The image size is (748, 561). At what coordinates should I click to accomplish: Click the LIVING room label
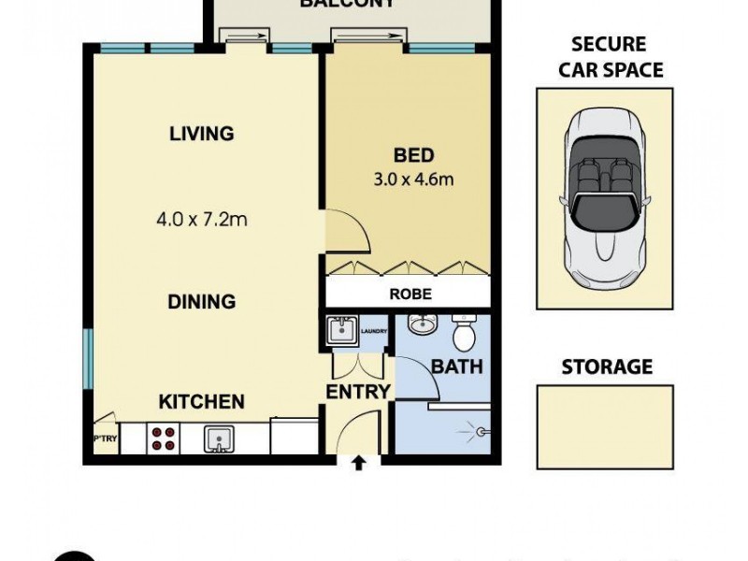pos(201,134)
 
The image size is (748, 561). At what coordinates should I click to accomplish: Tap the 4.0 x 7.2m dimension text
pos(201,221)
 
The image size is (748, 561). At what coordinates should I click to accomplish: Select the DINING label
pos(201,302)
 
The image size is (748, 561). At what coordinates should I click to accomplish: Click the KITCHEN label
pos(201,402)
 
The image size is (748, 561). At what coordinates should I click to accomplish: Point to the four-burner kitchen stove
pos(165,439)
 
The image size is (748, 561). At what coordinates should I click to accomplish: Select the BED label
pos(413,155)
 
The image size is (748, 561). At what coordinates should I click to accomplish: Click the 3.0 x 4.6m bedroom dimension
pos(413,180)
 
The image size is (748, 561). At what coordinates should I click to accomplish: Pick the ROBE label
pos(410,294)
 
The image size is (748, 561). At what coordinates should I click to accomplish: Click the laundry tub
pos(338,331)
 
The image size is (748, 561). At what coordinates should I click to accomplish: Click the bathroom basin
pos(423,325)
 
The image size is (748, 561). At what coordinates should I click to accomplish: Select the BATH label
pos(457,367)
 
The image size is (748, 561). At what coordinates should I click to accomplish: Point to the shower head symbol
pos(482,432)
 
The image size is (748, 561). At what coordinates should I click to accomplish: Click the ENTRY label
pos(357,392)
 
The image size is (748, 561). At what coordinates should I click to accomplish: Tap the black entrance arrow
pos(358,461)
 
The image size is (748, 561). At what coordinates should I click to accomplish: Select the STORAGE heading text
pos(606,367)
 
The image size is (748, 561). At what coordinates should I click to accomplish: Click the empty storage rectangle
pos(604,426)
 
